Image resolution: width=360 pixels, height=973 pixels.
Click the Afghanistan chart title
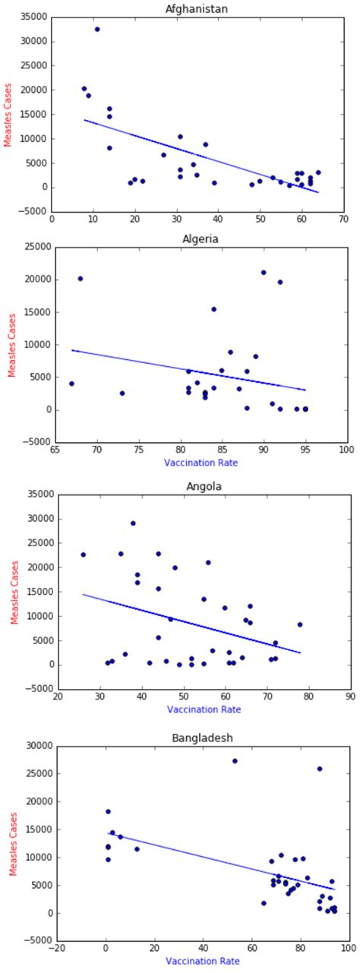197,8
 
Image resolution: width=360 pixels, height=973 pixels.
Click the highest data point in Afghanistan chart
97,29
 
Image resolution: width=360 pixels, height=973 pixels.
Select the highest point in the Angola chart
133,523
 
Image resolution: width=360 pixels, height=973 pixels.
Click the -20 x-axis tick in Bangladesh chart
58,948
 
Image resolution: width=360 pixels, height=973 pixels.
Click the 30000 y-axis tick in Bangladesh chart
34,746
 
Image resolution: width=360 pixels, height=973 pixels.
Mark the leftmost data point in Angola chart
83,554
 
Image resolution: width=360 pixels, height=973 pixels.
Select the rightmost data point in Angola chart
300,624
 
